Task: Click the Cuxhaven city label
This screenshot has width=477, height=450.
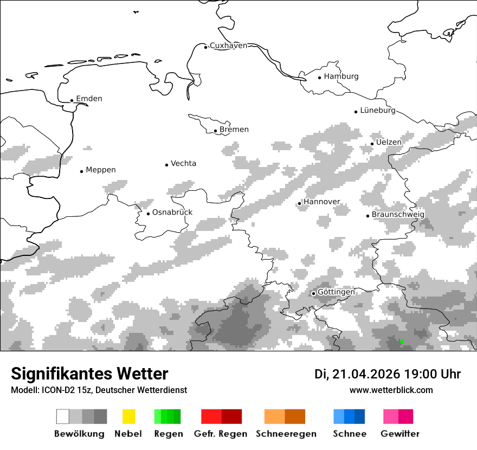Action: (x=228, y=46)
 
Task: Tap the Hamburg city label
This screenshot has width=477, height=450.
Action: (x=341, y=76)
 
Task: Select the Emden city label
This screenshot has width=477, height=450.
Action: (x=89, y=99)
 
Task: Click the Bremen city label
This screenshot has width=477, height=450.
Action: (x=234, y=130)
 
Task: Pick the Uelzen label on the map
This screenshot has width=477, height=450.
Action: (x=389, y=143)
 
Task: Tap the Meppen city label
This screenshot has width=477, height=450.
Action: (x=100, y=170)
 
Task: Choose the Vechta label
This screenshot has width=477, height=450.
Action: (x=183, y=164)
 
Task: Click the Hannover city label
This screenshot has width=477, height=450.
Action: (x=321, y=202)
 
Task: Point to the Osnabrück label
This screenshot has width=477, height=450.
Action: (x=172, y=213)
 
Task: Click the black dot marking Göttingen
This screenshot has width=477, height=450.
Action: (x=313, y=293)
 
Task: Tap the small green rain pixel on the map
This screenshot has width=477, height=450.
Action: (x=401, y=342)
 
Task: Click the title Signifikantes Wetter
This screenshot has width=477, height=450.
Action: (x=89, y=374)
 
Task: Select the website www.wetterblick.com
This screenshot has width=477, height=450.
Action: (x=391, y=390)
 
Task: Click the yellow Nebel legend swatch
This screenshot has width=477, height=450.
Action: (x=128, y=416)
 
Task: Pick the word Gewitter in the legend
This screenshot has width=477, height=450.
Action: (x=399, y=434)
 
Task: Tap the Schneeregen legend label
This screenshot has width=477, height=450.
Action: (x=286, y=434)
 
